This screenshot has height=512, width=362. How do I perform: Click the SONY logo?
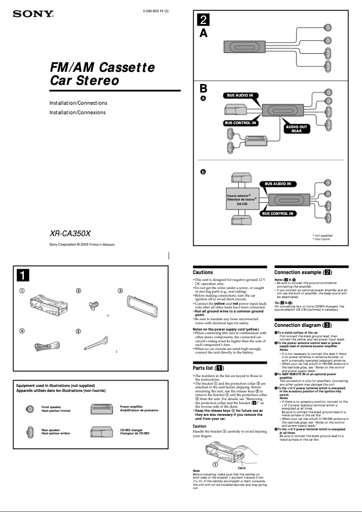tap(33, 14)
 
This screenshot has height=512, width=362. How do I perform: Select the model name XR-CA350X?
tap(70, 234)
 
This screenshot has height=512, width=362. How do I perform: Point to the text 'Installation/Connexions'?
tap(77, 112)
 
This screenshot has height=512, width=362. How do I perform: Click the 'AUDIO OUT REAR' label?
tap(296, 129)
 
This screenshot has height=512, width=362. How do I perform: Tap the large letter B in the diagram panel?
tap(204, 88)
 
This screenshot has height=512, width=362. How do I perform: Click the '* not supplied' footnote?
tap(322, 235)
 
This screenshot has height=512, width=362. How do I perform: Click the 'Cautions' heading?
tap(203, 272)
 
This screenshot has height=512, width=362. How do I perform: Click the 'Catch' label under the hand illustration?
tap(241, 468)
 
